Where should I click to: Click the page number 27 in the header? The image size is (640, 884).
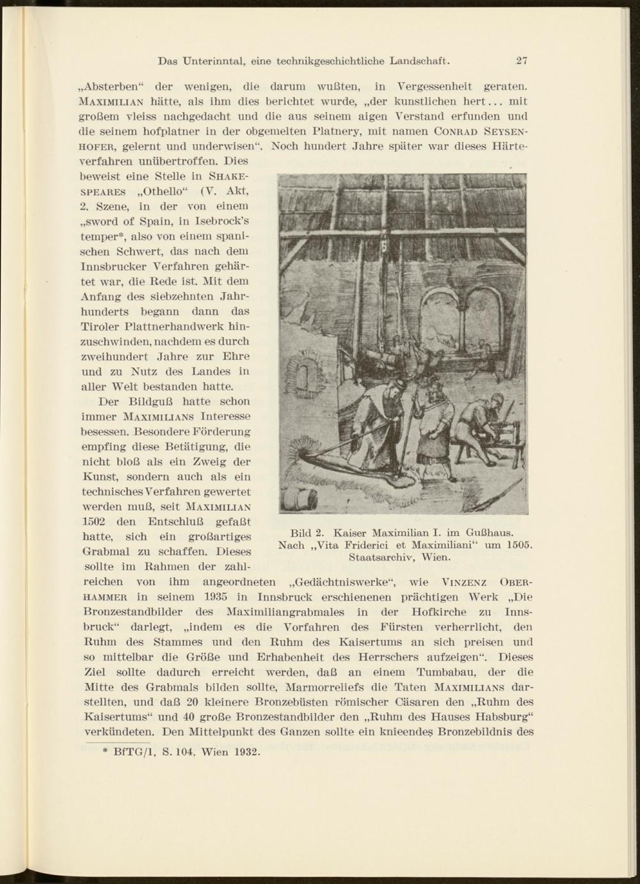[x=522, y=61]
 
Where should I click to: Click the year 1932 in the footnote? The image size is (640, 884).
[x=245, y=751]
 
